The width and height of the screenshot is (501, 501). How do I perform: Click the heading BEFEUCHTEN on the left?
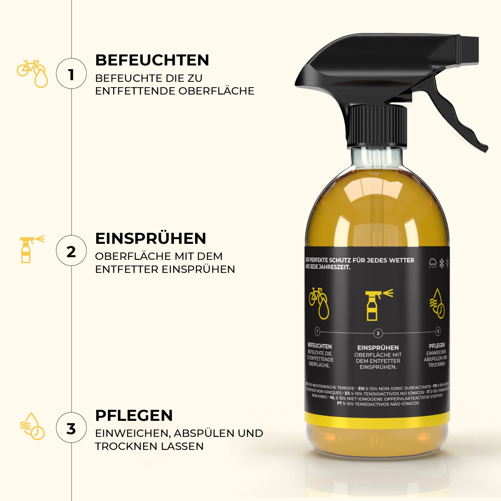(152, 60)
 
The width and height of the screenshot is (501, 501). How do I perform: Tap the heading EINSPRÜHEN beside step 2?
(151, 238)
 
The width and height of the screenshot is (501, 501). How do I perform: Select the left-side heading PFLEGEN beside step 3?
(134, 415)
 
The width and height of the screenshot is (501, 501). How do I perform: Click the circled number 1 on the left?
(71, 74)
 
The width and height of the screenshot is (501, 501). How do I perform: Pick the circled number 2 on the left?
(71, 251)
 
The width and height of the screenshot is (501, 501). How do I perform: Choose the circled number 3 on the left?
(71, 428)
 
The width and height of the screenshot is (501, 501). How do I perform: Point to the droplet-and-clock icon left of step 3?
(32, 427)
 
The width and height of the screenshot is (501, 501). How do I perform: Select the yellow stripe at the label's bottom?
(377, 420)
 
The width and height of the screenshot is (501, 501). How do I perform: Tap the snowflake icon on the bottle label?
(442, 263)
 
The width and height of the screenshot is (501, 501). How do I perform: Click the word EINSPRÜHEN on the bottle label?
(378, 348)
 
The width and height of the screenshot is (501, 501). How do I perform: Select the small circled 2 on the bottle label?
(378, 333)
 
